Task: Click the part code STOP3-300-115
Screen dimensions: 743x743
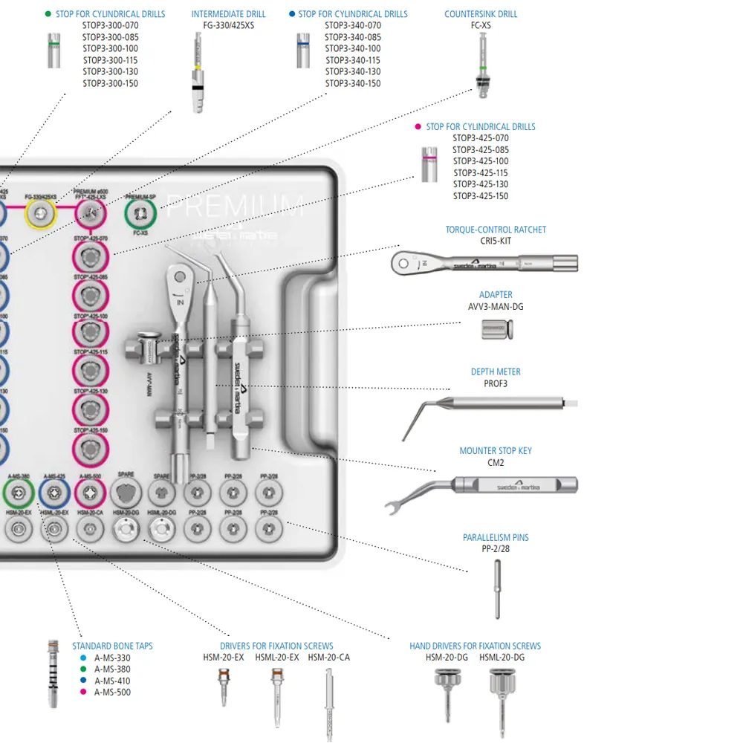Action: pos(110,60)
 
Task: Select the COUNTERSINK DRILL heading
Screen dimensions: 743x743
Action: pos(481,14)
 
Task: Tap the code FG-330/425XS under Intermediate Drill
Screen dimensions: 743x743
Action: pos(228,25)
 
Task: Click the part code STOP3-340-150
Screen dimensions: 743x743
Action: pos(353,83)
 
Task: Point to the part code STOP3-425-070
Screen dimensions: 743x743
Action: pos(481,138)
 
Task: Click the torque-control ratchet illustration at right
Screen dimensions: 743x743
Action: pos(484,262)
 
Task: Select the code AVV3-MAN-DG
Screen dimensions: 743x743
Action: pos(496,306)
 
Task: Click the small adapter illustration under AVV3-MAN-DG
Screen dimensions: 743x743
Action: pos(496,328)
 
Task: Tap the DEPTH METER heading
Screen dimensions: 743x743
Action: pos(496,371)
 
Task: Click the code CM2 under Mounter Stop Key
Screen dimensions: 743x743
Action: pos(496,462)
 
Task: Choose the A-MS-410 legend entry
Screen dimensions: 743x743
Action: pos(112,681)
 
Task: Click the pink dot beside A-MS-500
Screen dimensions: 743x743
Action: pos(83,692)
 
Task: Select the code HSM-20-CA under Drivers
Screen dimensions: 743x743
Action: pos(328,658)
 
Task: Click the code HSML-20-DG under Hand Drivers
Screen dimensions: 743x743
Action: pos(502,658)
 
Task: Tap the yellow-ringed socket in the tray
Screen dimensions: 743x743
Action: pos(41,215)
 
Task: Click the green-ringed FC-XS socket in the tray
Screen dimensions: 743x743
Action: pos(140,215)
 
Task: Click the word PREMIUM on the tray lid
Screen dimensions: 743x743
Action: pos(235,206)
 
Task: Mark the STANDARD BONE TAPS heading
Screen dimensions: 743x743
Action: pos(112,646)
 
